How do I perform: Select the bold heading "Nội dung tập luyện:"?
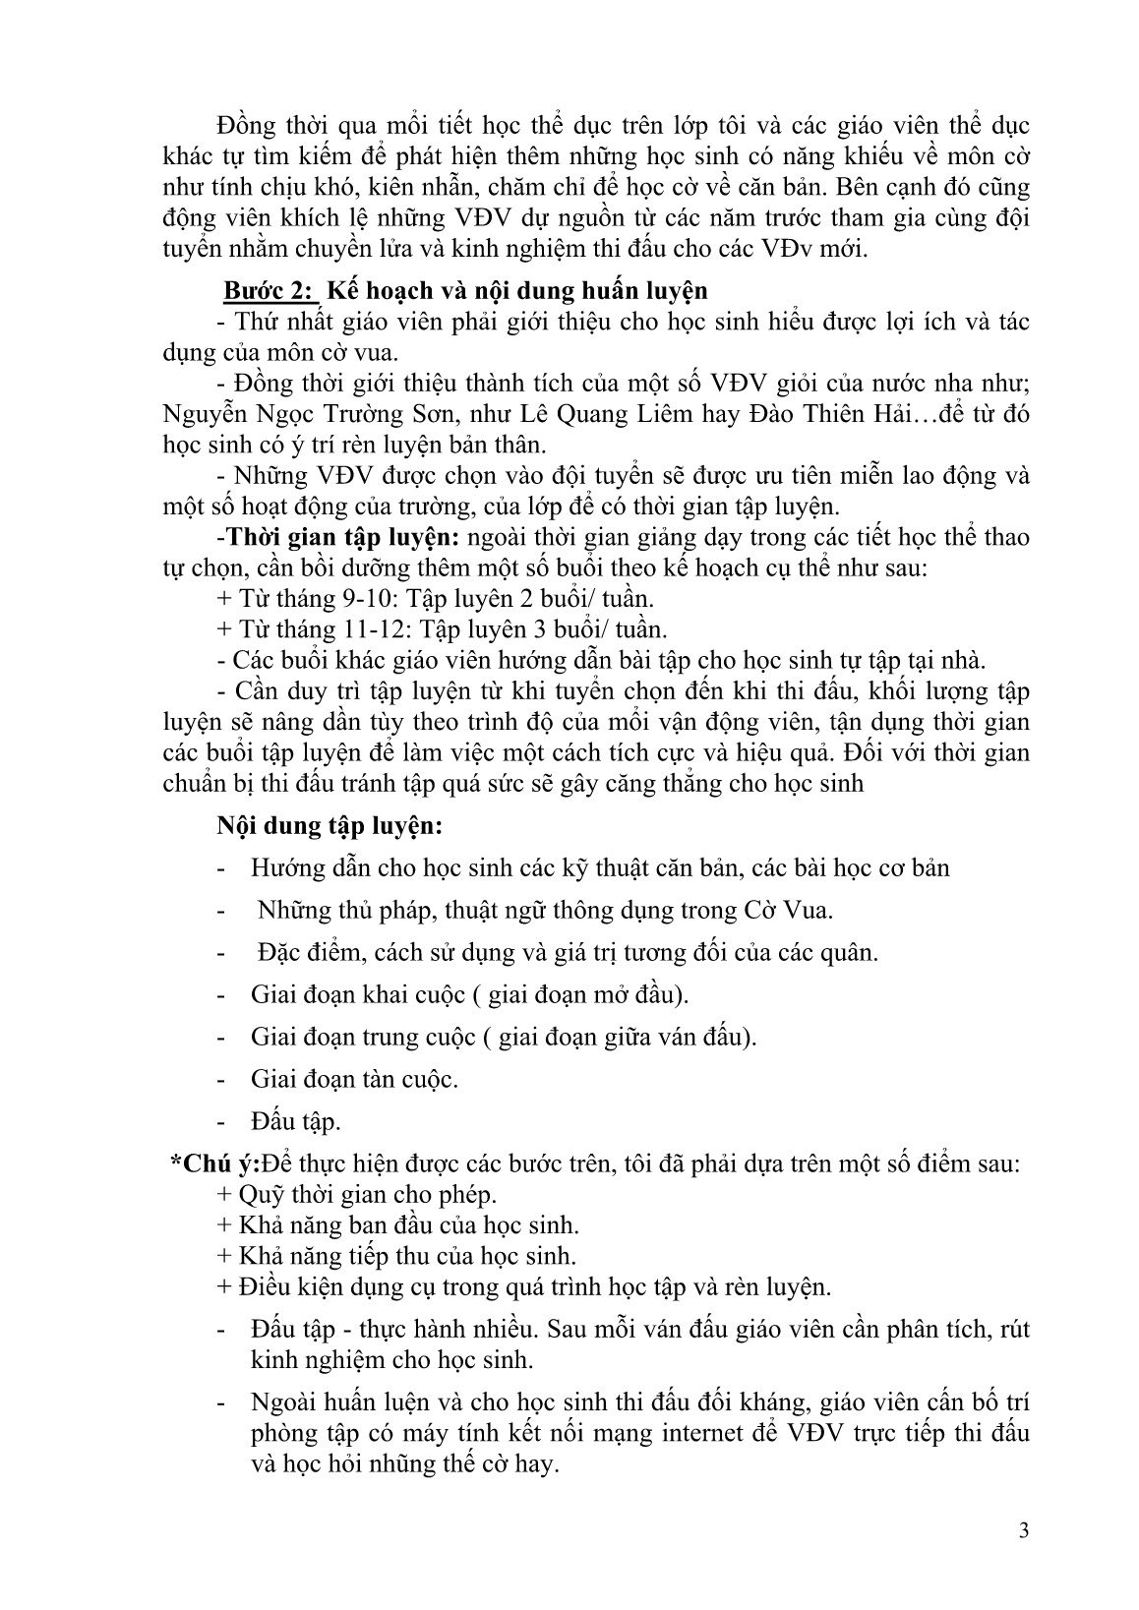pos(330,826)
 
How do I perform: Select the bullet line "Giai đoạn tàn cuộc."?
pos(354,1079)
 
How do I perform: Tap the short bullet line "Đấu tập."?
pos(296,1121)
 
